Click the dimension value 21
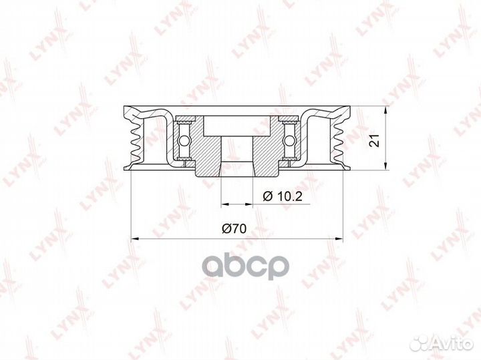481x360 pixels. click(375, 140)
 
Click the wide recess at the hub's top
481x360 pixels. click(237, 124)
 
